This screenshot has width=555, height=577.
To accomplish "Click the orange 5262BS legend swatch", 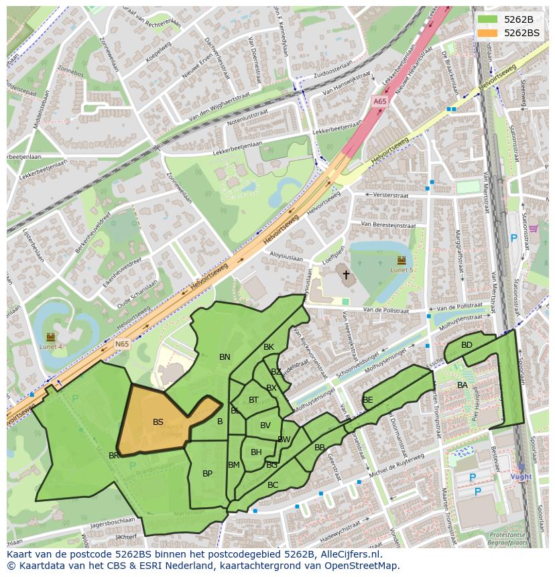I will tap(488, 33).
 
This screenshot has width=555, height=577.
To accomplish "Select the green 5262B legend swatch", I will tap(488, 19).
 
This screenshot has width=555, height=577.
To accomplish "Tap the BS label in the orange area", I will tap(158, 422).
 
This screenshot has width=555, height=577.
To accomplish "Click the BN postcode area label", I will tap(225, 357).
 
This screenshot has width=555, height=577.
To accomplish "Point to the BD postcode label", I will tap(467, 345).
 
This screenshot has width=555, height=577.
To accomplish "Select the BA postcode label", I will tap(462, 385).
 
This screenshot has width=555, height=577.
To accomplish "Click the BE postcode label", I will tap(367, 400).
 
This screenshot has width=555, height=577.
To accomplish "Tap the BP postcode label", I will tap(207, 474).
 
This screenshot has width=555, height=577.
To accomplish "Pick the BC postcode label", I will tap(273, 485).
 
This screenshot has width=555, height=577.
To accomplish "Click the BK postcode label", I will tap(269, 347).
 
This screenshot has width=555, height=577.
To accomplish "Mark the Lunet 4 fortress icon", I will tap(51, 336).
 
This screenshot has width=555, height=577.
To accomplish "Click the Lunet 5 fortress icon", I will tap(402, 260).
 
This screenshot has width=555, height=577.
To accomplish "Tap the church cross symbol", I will tap(346, 275).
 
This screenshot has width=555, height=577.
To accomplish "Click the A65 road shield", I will tap(379, 101).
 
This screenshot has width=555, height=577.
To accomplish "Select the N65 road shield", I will tap(121, 344).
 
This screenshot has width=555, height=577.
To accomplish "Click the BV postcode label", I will tap(265, 426).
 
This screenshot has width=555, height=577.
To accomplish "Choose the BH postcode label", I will tap(256, 452).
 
